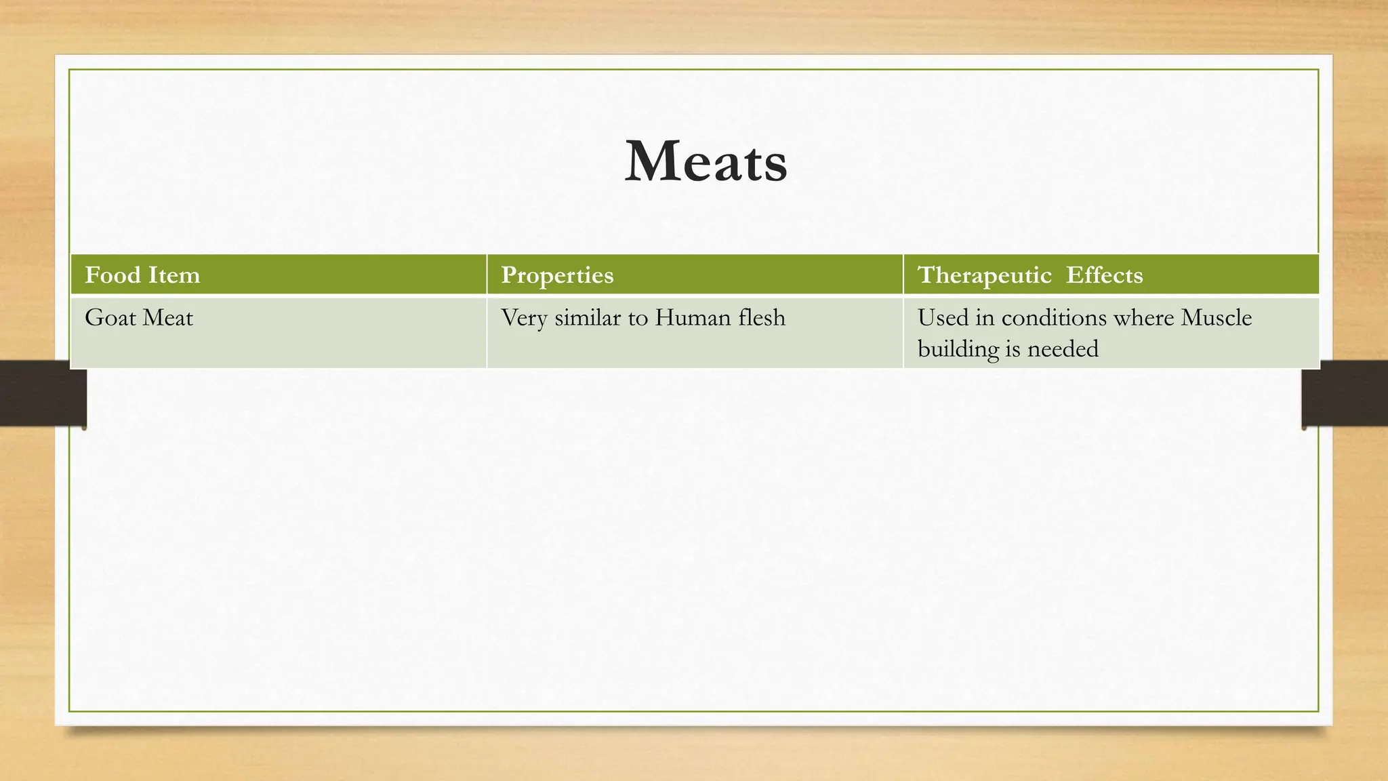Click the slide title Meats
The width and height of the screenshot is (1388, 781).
[706, 161]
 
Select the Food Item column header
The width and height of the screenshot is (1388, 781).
[142, 275]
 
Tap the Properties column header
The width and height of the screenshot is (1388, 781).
[557, 275]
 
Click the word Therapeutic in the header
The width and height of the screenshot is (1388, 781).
[984, 275]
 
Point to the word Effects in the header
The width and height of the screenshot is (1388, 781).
[1104, 275]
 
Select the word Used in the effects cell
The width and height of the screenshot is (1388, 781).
[943, 318]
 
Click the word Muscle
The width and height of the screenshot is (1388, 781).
[1217, 318]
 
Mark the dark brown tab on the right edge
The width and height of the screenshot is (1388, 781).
[1345, 393]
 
